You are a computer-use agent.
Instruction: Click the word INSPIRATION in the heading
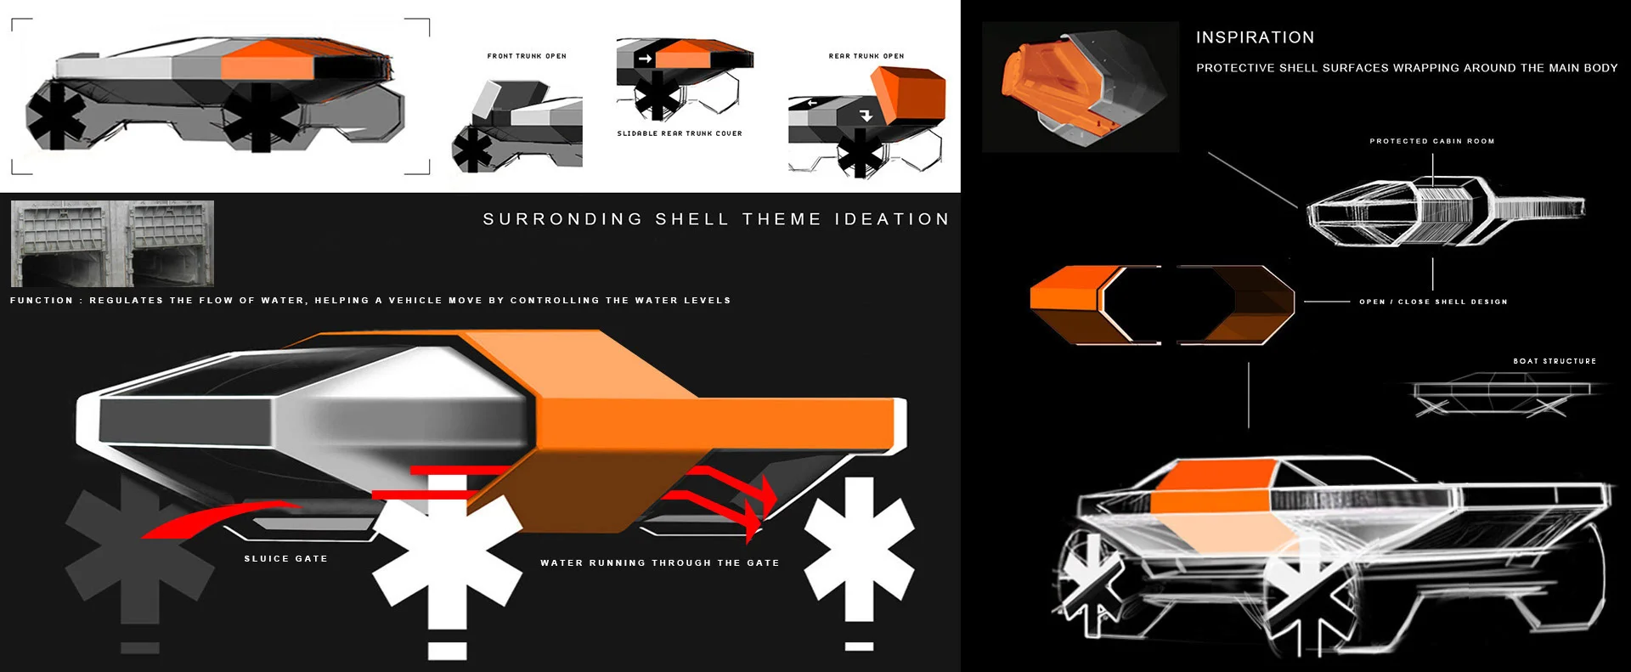pyautogui.click(x=1255, y=37)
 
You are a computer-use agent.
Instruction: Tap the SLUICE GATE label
pyautogui.click(x=285, y=559)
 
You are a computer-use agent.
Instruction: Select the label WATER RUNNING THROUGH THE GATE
pyautogui.click(x=659, y=563)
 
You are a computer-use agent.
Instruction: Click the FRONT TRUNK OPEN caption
pyautogui.click(x=527, y=56)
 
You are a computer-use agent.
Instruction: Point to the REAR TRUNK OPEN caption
pyautogui.click(x=866, y=56)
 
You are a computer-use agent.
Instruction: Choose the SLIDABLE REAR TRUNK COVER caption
pyautogui.click(x=680, y=133)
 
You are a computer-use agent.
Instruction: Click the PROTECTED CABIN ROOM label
pyautogui.click(x=1431, y=141)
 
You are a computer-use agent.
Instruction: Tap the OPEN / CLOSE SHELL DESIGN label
pyautogui.click(x=1433, y=302)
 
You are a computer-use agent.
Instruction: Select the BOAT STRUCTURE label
pyautogui.click(x=1555, y=361)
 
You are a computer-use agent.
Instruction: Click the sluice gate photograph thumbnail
pyautogui.click(x=112, y=244)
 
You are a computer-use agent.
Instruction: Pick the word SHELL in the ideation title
pyautogui.click(x=691, y=219)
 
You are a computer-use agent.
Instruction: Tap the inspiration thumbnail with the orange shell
pyautogui.click(x=1080, y=88)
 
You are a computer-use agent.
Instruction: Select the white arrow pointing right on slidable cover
pyautogui.click(x=645, y=59)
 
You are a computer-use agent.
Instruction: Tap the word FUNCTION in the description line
pyautogui.click(x=42, y=301)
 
